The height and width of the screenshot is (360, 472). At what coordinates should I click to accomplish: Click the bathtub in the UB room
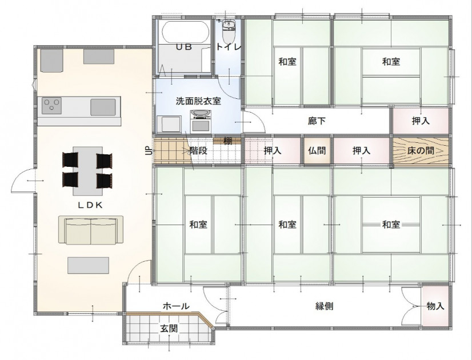pyautogui.click(x=185, y=32)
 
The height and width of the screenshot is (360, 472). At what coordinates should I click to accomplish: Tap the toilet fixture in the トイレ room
pyautogui.click(x=229, y=32)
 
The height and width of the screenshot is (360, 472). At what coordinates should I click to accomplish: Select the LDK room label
pyautogui.click(x=90, y=205)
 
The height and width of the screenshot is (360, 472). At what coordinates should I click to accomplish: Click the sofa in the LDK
pyautogui.click(x=91, y=229)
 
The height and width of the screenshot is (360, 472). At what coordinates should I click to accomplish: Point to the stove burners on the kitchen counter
pyautogui.click(x=51, y=105)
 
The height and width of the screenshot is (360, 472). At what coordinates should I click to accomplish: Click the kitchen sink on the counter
pyautogui.click(x=103, y=107)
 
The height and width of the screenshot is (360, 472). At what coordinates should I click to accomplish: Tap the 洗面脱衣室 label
pyautogui.click(x=198, y=101)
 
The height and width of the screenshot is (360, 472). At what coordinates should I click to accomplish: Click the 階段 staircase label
pyautogui.click(x=198, y=150)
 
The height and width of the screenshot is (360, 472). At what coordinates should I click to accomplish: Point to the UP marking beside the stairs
pyautogui.click(x=149, y=150)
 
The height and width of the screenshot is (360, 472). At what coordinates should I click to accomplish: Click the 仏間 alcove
pyautogui.click(x=317, y=150)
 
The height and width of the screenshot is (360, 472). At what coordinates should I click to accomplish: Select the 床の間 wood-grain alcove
pyautogui.click(x=421, y=150)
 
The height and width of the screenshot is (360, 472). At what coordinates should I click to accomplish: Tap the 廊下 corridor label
pyautogui.click(x=317, y=121)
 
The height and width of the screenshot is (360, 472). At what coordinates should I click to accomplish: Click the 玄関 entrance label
pyautogui.click(x=169, y=329)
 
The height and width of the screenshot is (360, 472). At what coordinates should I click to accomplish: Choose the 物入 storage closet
pyautogui.click(x=435, y=306)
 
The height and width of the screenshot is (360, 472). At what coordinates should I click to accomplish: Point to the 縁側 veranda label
pyautogui.click(x=324, y=306)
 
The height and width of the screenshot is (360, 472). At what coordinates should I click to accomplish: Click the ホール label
pyautogui.click(x=176, y=306)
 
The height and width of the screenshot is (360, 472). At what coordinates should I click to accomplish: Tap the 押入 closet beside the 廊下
pyautogui.click(x=421, y=121)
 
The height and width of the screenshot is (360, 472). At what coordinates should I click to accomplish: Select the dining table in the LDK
pyautogui.click(x=87, y=171)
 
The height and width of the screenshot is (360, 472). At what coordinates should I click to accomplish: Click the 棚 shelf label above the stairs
pyautogui.click(x=227, y=141)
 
